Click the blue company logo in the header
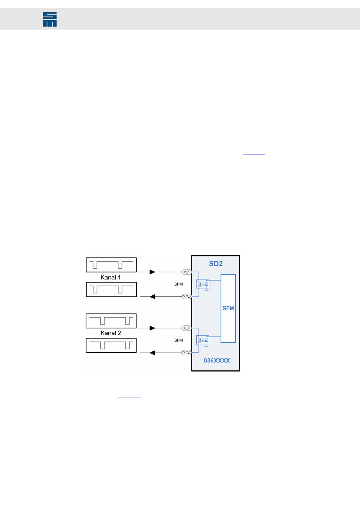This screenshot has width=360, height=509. point(50,19)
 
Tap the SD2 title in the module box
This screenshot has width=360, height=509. point(216,264)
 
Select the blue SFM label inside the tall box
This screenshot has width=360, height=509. point(228,308)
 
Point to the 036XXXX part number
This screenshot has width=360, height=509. point(217,361)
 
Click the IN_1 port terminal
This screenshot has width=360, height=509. point(186,272)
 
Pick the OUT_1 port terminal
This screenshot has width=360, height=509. point(186,297)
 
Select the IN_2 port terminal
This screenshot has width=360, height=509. point(186,328)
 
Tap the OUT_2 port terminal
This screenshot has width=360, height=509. point(186,353)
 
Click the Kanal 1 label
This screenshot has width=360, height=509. point(111,278)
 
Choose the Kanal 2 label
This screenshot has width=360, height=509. point(111,333)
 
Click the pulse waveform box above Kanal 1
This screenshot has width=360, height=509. point(111,265)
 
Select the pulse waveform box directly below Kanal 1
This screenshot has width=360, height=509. point(111,290)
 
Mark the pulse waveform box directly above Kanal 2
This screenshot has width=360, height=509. point(111,321)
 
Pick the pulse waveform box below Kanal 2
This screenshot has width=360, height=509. point(111,345)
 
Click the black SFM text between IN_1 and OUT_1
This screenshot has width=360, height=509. point(178,284)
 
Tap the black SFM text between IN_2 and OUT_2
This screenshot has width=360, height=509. point(178,340)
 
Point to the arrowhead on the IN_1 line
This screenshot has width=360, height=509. point(152,272)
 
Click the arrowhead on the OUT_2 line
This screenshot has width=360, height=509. point(152,353)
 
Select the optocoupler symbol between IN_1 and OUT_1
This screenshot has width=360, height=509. point(203,284)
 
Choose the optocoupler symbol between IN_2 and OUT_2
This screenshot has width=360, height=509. point(203,340)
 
